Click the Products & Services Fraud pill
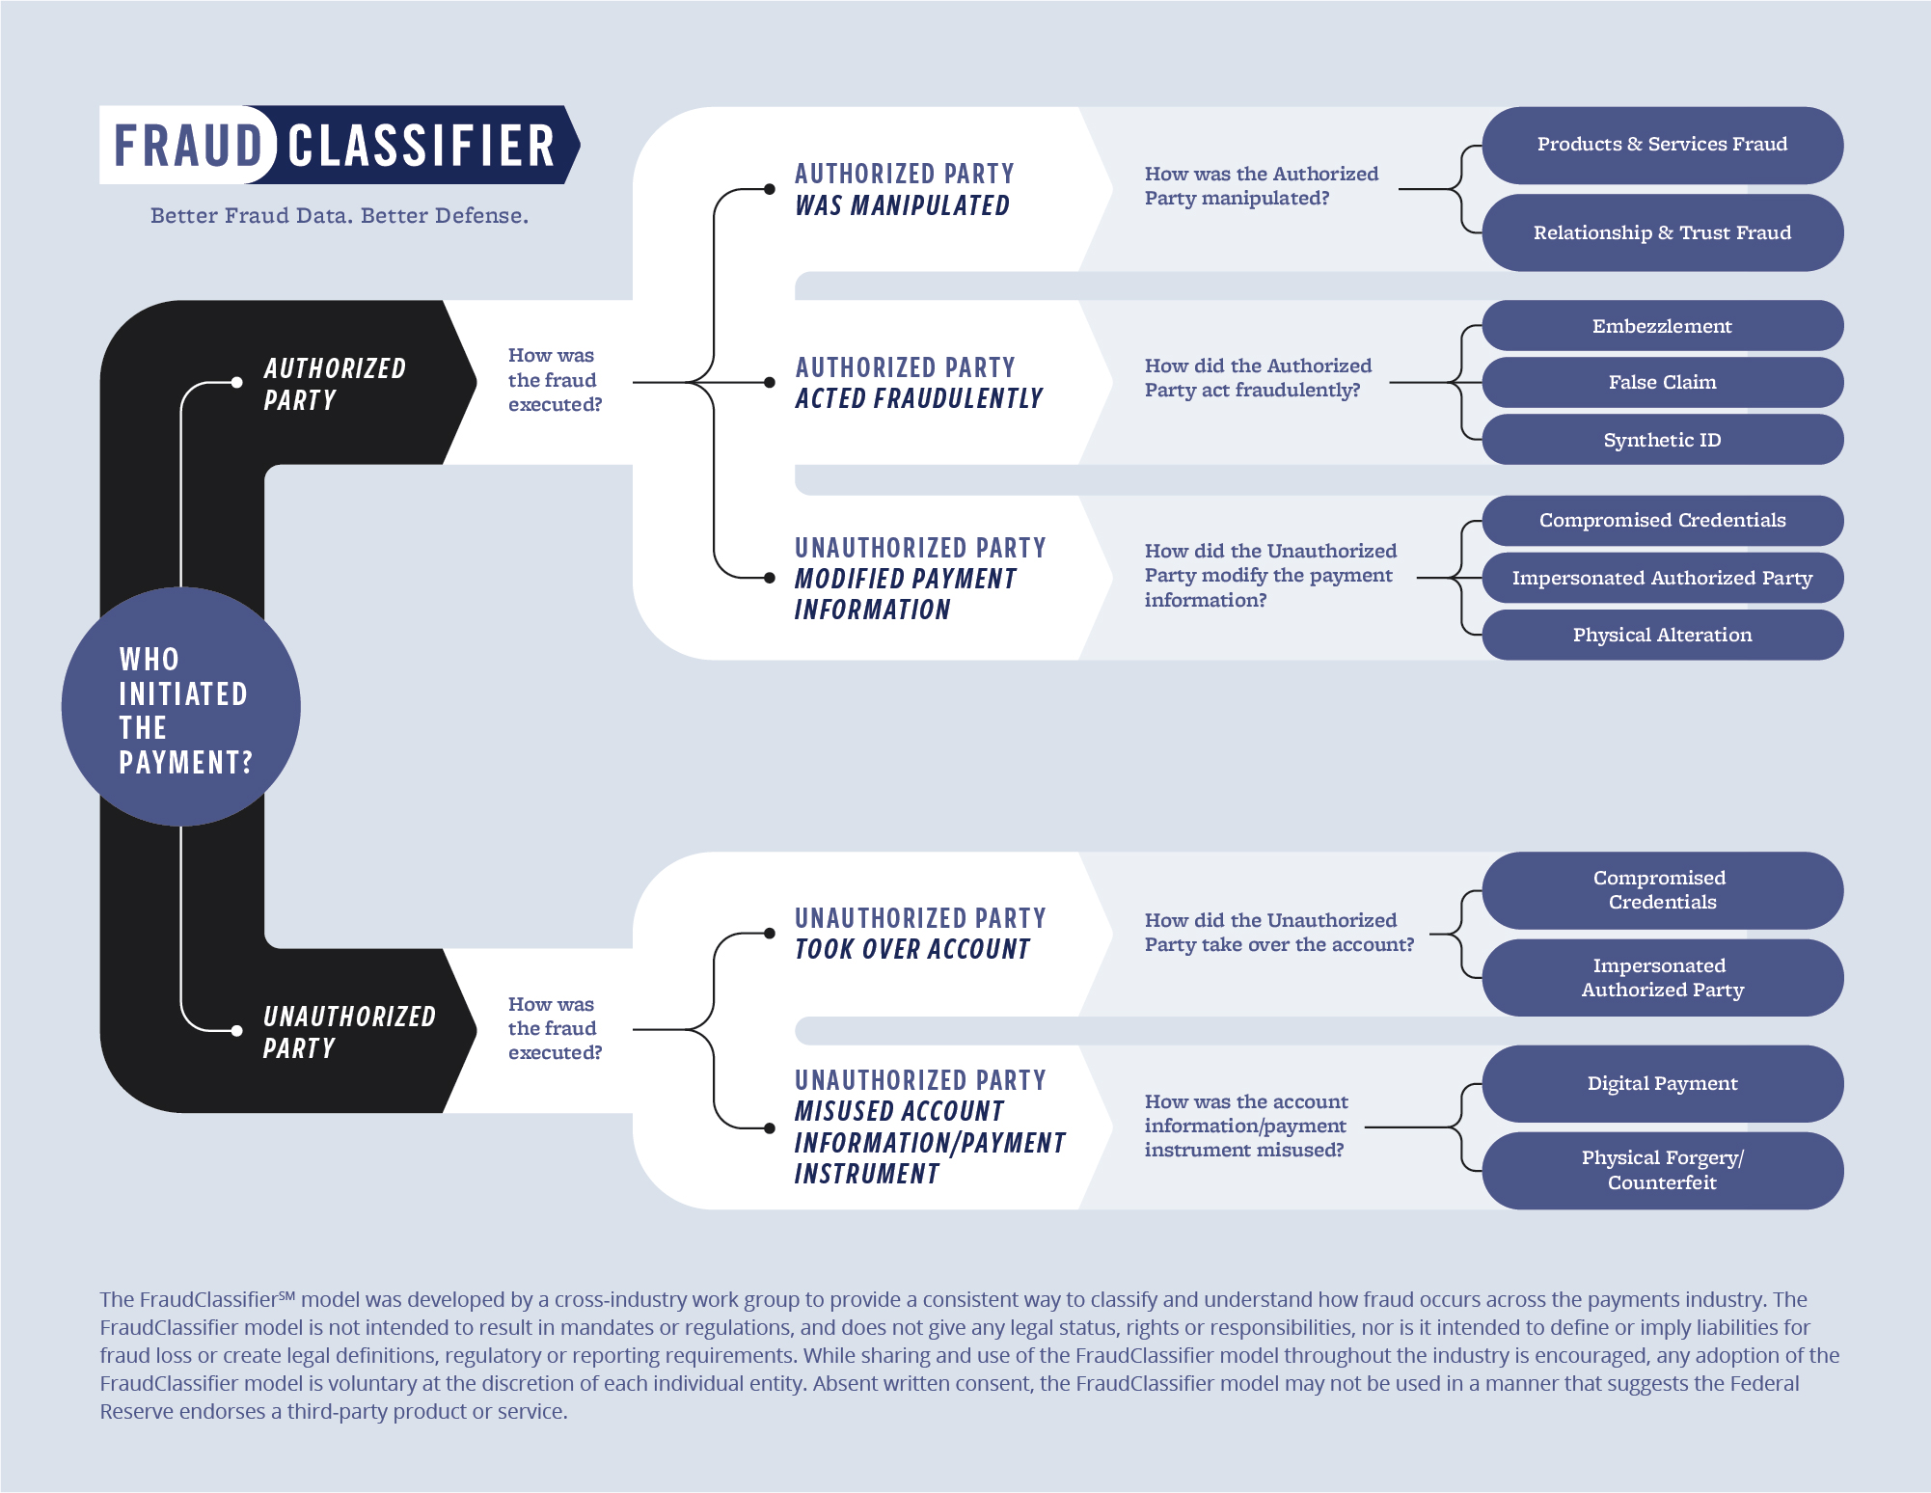[1661, 145]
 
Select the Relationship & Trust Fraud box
[1661, 232]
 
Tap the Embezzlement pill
[1661, 326]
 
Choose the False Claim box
[1661, 382]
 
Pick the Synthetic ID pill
[1661, 440]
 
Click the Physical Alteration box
[1661, 635]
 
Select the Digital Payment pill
[1661, 1083]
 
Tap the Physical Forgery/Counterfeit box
[1661, 1170]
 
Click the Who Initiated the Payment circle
[181, 708]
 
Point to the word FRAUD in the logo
[188, 146]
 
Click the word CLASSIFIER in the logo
[422, 146]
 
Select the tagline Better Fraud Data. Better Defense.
[340, 215]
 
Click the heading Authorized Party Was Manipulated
[904, 189]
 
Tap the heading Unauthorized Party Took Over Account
[919, 934]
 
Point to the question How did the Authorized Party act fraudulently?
[1257, 378]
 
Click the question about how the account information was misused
[1245, 1126]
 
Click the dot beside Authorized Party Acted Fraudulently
[770, 383]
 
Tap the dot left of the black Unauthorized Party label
[237, 1030]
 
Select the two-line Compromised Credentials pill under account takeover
[1661, 890]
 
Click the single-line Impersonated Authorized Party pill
[1661, 578]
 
